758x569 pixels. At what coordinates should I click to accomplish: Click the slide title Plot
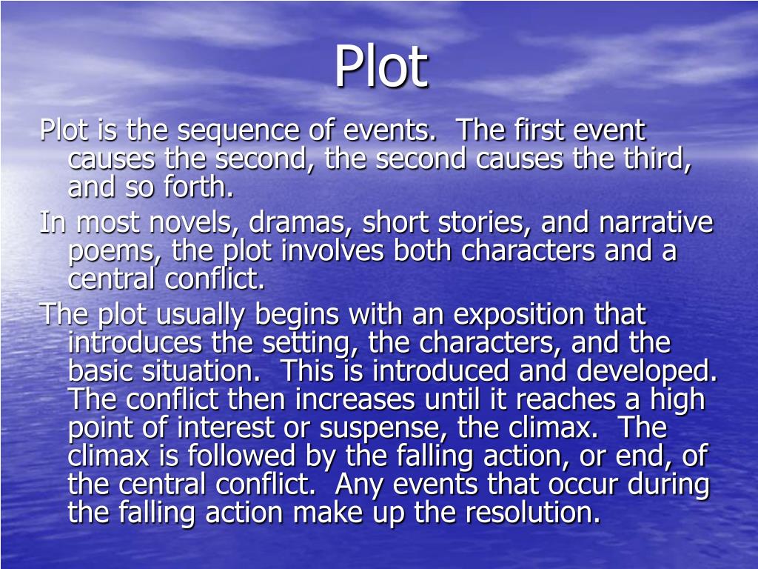click(380, 67)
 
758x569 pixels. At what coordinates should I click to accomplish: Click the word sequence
click(236, 132)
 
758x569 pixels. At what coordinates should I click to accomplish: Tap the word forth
click(201, 188)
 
